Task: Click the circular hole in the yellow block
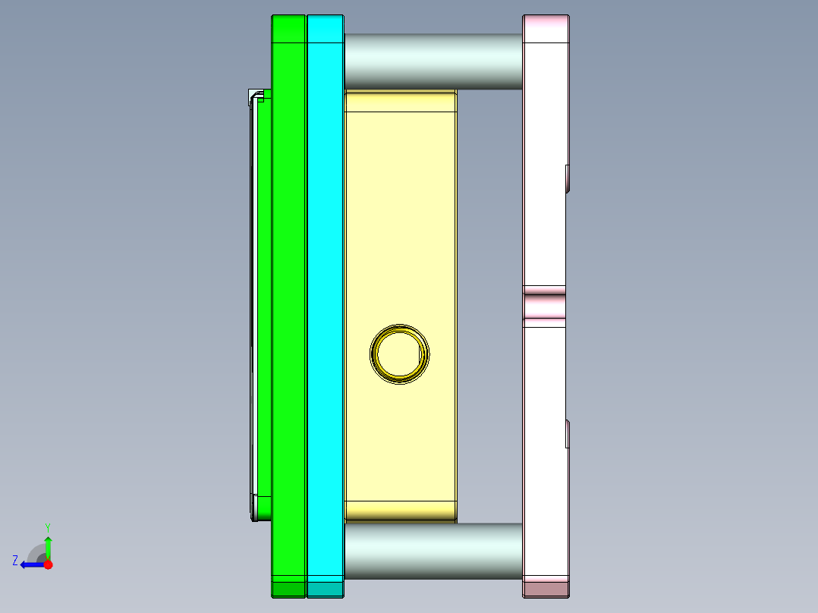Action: [x=399, y=354]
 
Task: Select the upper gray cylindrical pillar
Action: [x=433, y=61]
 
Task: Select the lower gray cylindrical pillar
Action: [x=433, y=551]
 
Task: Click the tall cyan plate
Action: [x=326, y=303]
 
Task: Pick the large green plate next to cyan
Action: [x=288, y=303]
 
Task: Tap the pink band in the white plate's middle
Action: [x=545, y=306]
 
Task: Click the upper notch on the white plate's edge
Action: [x=568, y=178]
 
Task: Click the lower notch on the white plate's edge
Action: [x=568, y=433]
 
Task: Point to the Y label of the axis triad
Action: [x=47, y=527]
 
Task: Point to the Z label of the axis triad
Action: [x=15, y=561]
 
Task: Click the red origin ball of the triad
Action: [x=48, y=564]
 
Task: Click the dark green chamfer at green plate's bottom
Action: [x=288, y=588]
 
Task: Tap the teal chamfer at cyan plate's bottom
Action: [x=326, y=588]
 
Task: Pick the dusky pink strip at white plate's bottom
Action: [x=545, y=588]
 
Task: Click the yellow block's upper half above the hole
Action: [x=399, y=212]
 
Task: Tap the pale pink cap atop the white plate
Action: [x=545, y=29]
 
